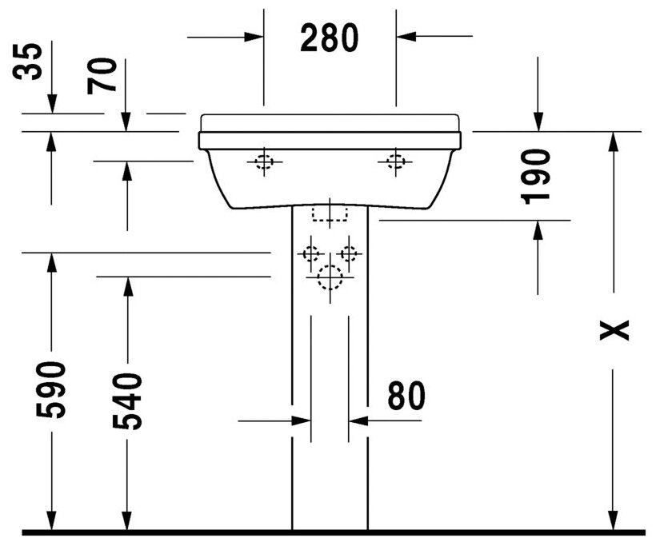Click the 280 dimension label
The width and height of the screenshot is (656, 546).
[329, 38]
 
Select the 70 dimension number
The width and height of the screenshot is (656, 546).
[103, 75]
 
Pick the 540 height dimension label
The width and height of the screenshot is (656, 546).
[126, 401]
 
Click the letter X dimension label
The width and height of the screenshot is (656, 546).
[614, 329]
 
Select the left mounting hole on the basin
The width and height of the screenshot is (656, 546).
[264, 162]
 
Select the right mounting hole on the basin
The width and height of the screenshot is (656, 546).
[394, 162]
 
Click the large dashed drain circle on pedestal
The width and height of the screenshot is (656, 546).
[329, 277]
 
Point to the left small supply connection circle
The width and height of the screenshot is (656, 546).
[310, 254]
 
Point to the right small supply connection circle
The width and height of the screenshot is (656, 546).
[349, 254]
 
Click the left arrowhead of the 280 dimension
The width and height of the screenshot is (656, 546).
[254, 36]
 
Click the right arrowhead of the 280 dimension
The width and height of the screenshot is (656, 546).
[405, 36]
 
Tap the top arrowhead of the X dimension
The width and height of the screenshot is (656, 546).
[614, 141]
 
